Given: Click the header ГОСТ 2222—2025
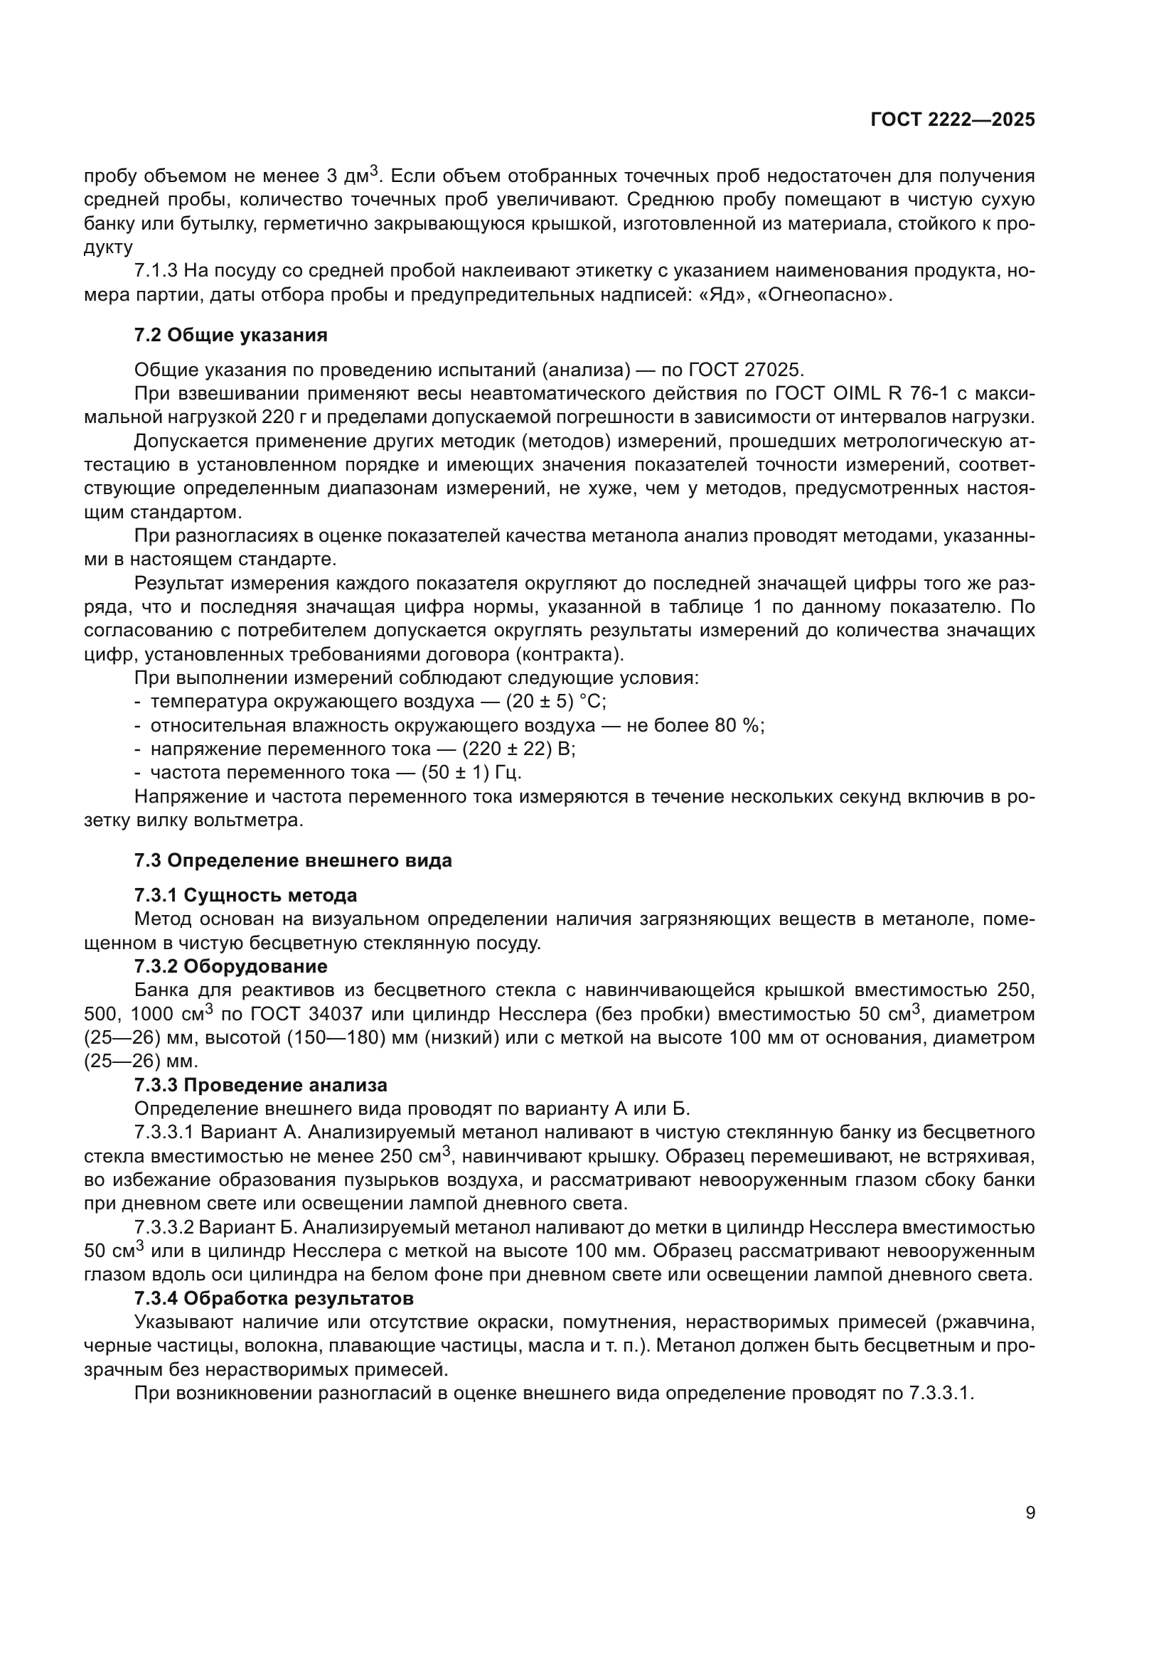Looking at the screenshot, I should tap(952, 120).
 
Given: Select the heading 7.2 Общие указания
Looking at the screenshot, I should tap(230, 336).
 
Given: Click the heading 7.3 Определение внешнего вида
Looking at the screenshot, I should tap(292, 860).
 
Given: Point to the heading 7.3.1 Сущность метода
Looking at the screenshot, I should tap(245, 896).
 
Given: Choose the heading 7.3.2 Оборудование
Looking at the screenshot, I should tap(230, 967).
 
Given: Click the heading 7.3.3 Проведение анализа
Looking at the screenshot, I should tap(261, 1086).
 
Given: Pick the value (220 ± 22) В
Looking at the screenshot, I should tap(518, 749).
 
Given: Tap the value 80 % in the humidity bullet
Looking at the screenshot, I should tap(738, 726).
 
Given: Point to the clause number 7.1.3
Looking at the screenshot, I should tap(156, 272).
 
